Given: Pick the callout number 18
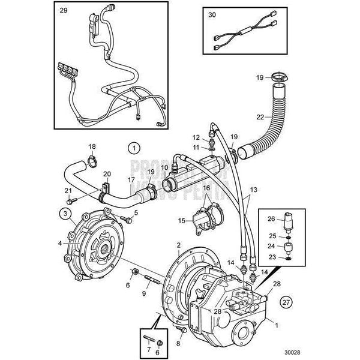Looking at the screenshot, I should click(x=92, y=146).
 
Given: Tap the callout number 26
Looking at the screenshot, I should click(x=272, y=218).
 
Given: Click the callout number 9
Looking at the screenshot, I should click(x=143, y=293).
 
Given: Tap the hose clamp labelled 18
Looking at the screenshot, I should click(x=93, y=160).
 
